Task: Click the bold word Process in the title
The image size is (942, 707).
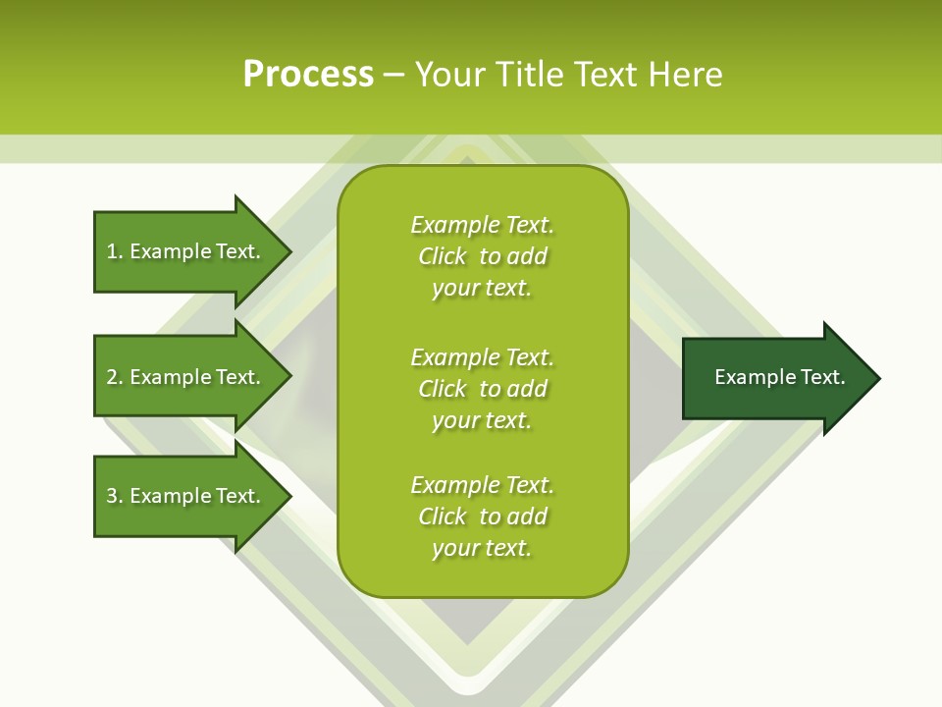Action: [308, 75]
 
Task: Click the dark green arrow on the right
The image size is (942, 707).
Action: [775, 378]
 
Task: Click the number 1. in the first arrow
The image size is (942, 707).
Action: [114, 251]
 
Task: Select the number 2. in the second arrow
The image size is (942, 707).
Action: [114, 377]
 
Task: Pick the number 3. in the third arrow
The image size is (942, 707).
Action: [114, 496]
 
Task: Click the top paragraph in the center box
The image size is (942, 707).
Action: [482, 256]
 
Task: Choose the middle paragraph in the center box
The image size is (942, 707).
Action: [482, 389]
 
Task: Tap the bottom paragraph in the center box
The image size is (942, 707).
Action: [482, 517]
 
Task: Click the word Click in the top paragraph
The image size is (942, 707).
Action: [443, 256]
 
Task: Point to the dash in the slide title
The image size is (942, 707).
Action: [393, 75]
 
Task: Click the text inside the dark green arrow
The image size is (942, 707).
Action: [779, 377]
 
